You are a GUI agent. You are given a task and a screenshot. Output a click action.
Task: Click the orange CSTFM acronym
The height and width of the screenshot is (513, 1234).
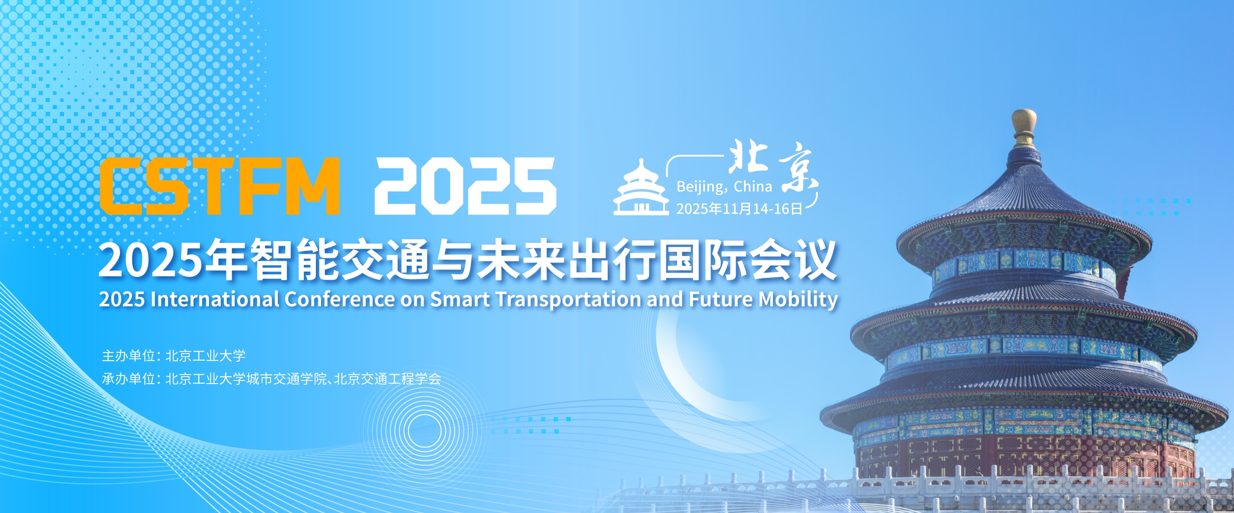point(220,186)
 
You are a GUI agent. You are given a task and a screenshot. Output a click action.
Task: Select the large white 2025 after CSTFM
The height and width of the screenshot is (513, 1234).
point(465,186)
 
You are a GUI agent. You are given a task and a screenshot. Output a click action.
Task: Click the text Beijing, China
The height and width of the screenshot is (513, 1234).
point(724,186)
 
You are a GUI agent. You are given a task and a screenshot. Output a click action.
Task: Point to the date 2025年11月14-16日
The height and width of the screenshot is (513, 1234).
point(739,209)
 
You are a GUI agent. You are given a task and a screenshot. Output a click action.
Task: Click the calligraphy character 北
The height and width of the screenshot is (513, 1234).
point(748,157)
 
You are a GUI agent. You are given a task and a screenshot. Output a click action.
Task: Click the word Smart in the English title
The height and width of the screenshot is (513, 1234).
point(460,299)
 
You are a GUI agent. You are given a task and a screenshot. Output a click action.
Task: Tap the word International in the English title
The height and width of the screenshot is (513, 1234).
point(214,299)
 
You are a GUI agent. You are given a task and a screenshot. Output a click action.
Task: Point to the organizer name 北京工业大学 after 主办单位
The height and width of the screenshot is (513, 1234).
point(205,356)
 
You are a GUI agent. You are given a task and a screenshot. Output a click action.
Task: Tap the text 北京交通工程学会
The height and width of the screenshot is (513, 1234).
point(387,378)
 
